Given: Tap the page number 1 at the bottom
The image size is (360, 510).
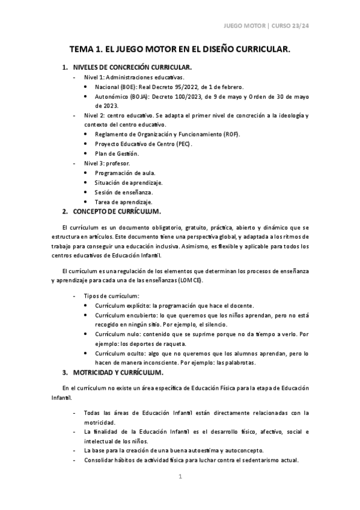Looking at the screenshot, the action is pyautogui.click(x=180, y=477).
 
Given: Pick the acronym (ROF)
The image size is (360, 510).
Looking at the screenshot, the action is pyautogui.click(x=231, y=134).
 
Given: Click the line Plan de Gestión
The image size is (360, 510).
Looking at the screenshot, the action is pyautogui.click(x=116, y=153).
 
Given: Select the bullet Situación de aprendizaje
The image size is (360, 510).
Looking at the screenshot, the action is pyautogui.click(x=128, y=182).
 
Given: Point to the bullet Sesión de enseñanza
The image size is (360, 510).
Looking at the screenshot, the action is pyautogui.click(x=123, y=192).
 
